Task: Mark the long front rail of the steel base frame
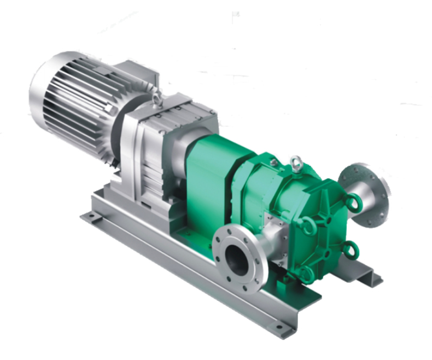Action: pyautogui.click(x=186, y=274)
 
